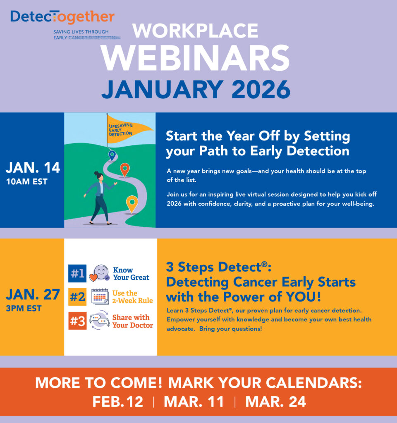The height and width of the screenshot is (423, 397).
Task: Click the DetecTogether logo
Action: (x=62, y=17)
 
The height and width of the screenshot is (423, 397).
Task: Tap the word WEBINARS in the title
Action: (x=196, y=58)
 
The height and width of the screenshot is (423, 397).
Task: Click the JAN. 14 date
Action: (x=33, y=168)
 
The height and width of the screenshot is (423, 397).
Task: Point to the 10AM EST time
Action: (x=26, y=181)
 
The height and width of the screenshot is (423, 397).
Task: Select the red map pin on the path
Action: (x=124, y=169)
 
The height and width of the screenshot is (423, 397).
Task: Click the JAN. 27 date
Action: (x=33, y=295)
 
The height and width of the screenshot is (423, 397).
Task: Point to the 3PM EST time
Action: (x=24, y=308)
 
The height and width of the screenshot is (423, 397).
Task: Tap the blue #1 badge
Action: (x=77, y=273)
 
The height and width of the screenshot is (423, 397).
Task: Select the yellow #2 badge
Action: (x=77, y=297)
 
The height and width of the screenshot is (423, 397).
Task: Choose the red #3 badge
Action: (x=77, y=321)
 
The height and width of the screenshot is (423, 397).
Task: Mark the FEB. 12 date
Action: (x=118, y=401)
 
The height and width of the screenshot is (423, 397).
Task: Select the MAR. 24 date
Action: (x=276, y=401)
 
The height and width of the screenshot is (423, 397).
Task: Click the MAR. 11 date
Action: (x=194, y=401)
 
